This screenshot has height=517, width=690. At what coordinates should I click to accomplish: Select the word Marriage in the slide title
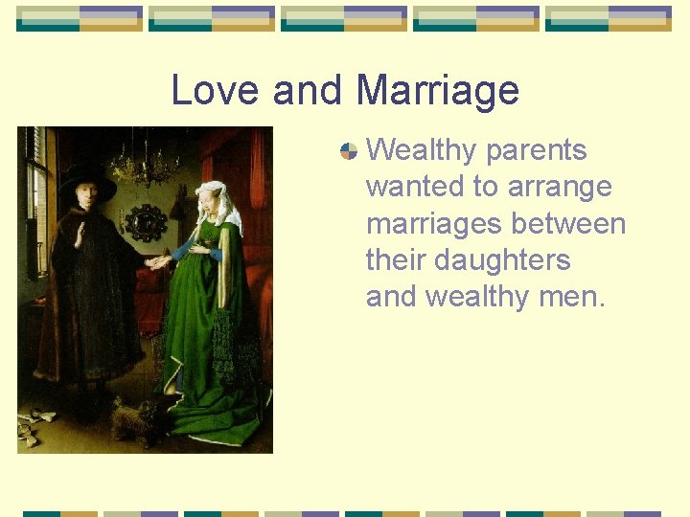(437, 91)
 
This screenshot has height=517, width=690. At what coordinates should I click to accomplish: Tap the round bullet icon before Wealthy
(349, 150)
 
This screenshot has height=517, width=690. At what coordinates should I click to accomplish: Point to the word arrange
(560, 187)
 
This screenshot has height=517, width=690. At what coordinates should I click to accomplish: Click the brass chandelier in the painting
(145, 163)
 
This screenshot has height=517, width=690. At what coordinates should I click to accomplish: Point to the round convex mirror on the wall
(147, 222)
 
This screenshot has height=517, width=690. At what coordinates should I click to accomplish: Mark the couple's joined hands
(158, 260)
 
